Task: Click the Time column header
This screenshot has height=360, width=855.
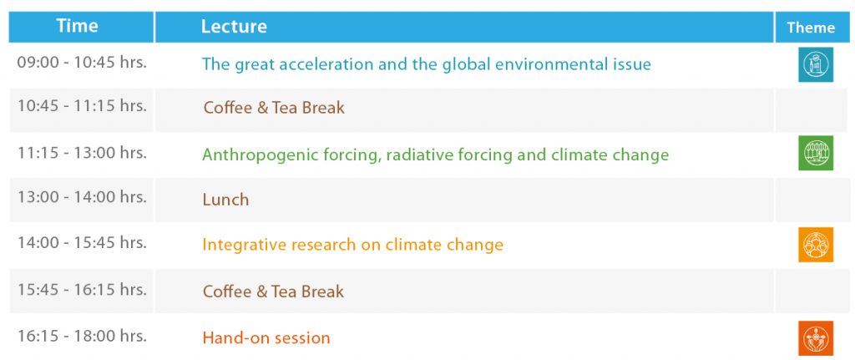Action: pos(77,26)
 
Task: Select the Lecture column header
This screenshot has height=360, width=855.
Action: pos(234,26)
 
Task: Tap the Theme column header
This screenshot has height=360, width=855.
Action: pos(810,28)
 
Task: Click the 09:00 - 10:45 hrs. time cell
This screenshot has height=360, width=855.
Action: pos(82,62)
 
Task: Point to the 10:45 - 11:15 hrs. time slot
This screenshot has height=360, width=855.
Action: pos(82,105)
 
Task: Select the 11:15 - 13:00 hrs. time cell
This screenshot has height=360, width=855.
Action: pos(82,153)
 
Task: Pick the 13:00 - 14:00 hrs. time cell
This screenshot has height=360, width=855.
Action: pos(82,196)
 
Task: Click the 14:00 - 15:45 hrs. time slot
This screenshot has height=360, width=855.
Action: pos(82,242)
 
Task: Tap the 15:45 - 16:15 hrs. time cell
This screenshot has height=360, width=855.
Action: pos(82,289)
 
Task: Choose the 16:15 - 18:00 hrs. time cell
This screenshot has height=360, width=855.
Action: pos(82,336)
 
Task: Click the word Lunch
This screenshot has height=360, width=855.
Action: pos(225,200)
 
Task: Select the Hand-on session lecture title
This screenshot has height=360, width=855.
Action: pos(266,337)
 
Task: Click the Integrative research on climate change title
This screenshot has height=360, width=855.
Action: pos(353,245)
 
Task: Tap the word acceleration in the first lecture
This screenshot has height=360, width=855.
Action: pos(317,64)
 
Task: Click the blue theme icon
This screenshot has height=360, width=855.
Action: pos(816,64)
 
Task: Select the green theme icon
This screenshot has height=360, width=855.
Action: pos(816,153)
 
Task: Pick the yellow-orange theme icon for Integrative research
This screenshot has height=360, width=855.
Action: pos(816,245)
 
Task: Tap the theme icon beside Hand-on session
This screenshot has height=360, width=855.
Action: pos(816,338)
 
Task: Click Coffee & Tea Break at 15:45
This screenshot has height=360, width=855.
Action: pos(274,292)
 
